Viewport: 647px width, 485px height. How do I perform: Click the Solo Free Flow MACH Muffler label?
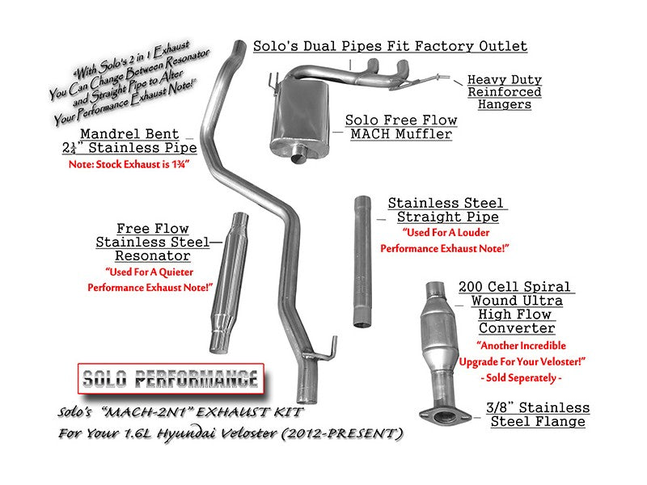(x=400, y=127)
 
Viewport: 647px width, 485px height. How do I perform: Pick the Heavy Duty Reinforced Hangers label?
(x=504, y=92)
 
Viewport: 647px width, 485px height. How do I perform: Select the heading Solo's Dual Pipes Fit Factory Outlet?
(x=390, y=46)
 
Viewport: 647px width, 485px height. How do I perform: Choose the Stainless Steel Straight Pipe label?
(x=446, y=210)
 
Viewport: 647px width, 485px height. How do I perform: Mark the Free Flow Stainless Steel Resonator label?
(x=154, y=242)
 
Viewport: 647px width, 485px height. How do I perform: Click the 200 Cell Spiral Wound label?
(x=516, y=307)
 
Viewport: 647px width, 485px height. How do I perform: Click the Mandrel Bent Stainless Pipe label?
(x=137, y=141)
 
